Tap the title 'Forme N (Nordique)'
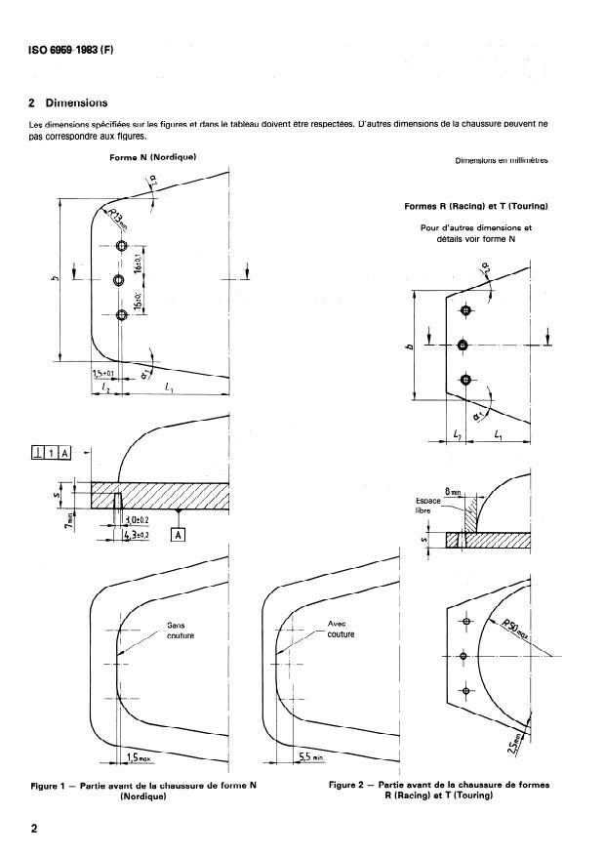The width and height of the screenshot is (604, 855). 155,157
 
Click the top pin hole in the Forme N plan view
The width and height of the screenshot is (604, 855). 121,247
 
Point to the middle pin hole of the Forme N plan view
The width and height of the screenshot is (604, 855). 118,281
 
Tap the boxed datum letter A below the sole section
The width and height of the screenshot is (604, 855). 179,534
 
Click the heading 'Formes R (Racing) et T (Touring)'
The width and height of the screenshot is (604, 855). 475,207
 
